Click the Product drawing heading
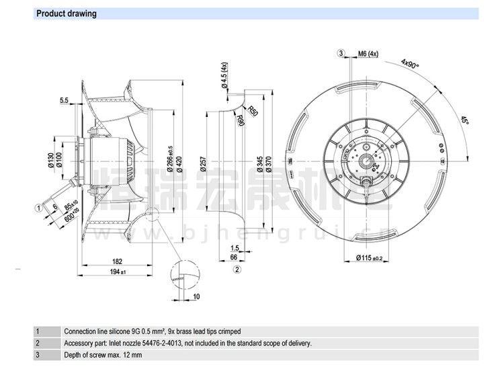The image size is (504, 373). click(x=66, y=13)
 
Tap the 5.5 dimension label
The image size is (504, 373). click(x=65, y=101)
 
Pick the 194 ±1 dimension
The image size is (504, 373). click(x=118, y=272)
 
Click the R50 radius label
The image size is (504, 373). click(x=253, y=111)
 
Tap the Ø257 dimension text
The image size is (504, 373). click(x=204, y=164)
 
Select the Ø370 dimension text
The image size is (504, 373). click(x=267, y=164)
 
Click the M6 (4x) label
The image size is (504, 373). click(x=368, y=53)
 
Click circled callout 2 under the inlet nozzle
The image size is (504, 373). click(x=237, y=270)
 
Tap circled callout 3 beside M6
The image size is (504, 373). click(x=341, y=53)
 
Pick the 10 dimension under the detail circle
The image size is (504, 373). click(x=196, y=296)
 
